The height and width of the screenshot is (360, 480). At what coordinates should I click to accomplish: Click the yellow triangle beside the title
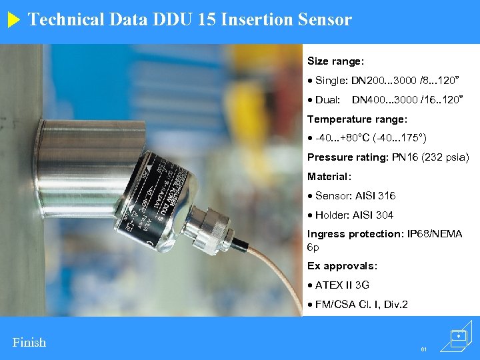pyautogui.click(x=15, y=20)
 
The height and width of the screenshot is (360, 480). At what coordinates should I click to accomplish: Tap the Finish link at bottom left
pyautogui.click(x=29, y=343)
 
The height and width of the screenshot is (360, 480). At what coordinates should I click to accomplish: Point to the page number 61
pyautogui.click(x=423, y=349)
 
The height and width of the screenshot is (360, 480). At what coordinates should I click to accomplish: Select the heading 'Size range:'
pyautogui.click(x=335, y=61)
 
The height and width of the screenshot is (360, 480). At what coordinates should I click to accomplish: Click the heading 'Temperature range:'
pyautogui.click(x=357, y=119)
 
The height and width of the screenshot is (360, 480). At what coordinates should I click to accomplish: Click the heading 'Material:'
pyautogui.click(x=329, y=177)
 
